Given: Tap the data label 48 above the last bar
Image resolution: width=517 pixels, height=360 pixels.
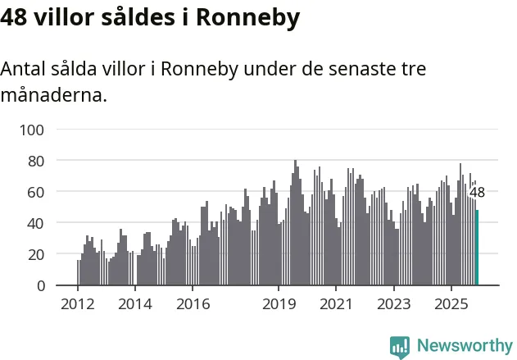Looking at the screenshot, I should point(477,194).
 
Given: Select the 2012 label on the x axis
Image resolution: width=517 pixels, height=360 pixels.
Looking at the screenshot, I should point(78,303).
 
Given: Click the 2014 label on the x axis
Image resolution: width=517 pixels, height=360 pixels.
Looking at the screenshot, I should point(135,303).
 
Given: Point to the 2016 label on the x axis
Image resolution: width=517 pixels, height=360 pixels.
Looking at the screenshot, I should point(193,303).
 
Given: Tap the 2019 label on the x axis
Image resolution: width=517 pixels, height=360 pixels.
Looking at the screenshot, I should point(279,303).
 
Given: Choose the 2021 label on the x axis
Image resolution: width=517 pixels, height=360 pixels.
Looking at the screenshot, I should point(336,303).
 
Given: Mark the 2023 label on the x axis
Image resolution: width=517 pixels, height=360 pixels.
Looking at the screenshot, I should point(393,303).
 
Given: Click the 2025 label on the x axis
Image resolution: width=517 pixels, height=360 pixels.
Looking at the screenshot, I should point(451,303).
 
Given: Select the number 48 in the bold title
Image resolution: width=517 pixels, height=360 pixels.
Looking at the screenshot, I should point(16,18).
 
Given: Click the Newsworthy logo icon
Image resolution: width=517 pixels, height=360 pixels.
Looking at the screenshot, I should point(400,346).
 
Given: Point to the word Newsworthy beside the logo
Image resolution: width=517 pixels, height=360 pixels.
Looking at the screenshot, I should point(464,346).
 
